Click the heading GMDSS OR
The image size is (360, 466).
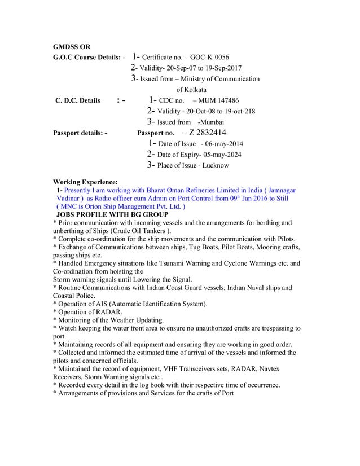[71, 46]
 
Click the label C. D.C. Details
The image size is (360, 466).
[77, 101]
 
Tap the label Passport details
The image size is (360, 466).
[80, 133]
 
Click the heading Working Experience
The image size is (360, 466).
[85, 182]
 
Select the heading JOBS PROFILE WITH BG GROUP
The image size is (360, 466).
[112, 215]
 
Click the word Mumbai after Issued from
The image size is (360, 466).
[210, 122]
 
